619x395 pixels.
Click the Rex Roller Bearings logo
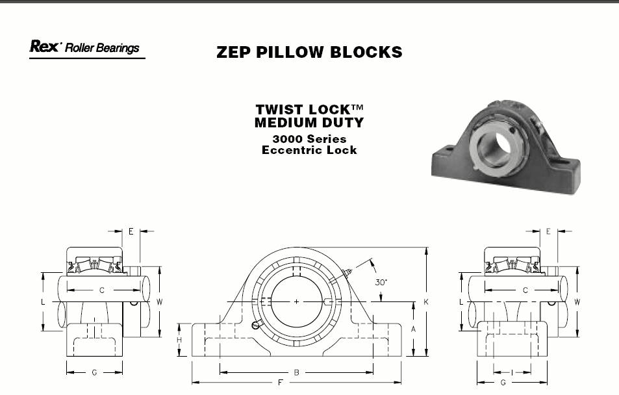pos(87,48)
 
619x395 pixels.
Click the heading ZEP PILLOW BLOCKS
pos(309,52)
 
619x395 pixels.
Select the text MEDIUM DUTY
pos(309,122)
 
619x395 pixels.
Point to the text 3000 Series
pos(309,139)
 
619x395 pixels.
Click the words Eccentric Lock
pos(309,150)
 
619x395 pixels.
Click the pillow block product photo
pos(506,147)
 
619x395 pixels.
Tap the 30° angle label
pos(381,282)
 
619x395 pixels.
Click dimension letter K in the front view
pos(426,302)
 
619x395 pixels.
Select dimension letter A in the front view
pos(414,329)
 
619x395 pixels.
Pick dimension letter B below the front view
pos(296,372)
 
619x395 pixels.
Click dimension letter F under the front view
pos(281,383)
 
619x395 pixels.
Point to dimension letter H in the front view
pos(179,340)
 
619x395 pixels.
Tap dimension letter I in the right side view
pos(512,372)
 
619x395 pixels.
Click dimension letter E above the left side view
pos(131,231)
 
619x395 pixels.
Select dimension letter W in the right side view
pos(577,302)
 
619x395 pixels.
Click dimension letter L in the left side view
pos(43,302)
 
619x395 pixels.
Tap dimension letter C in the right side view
pos(525,290)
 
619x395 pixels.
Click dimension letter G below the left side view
pos(94,372)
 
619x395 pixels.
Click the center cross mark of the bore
pos(296,302)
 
